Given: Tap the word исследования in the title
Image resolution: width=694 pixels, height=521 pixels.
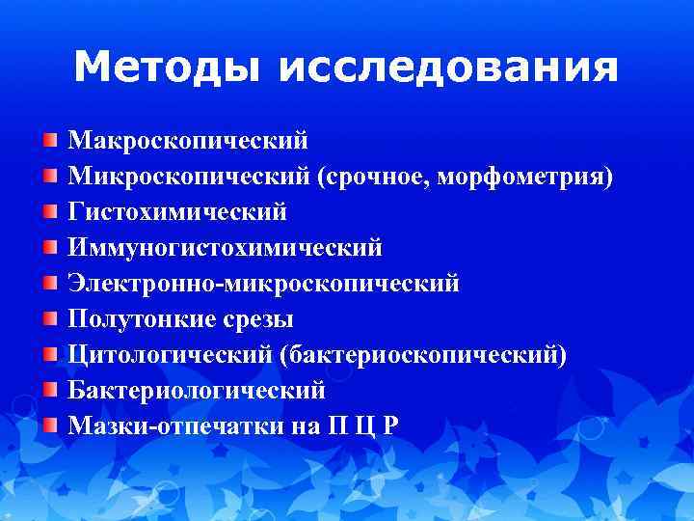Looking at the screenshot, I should (447, 68).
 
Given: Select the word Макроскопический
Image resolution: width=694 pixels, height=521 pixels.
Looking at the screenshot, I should (188, 141).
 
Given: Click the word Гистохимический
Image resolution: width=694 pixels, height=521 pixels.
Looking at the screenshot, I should (177, 212).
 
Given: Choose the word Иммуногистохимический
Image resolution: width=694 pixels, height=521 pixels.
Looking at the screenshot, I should (225, 248).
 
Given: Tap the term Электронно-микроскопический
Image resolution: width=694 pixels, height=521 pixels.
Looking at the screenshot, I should (263, 284).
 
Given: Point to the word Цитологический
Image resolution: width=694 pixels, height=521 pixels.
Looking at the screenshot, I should (170, 355).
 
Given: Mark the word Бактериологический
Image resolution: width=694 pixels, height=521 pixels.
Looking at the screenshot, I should (197, 391).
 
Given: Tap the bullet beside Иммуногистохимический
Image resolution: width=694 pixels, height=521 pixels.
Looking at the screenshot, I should (49, 248).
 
